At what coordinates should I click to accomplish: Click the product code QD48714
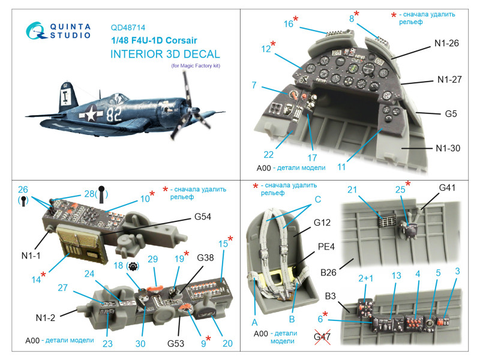(128, 28)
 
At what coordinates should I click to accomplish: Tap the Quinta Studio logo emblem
(36, 31)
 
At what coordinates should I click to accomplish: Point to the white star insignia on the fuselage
(91, 114)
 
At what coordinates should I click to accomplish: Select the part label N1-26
(446, 43)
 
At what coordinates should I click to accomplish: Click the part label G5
(451, 114)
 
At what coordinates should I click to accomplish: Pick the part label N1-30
(448, 148)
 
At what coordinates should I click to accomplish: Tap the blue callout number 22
(268, 155)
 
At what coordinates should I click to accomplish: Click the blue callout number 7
(254, 85)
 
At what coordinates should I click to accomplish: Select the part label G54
(203, 217)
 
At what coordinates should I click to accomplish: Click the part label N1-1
(31, 256)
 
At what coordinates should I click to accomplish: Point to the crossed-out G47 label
(322, 337)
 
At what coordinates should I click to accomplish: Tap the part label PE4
(326, 247)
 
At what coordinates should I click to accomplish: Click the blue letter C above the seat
(318, 200)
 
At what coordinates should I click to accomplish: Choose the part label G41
(447, 188)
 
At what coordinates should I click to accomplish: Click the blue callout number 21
(352, 190)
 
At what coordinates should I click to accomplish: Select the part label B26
(328, 272)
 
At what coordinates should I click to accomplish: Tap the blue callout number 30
(140, 343)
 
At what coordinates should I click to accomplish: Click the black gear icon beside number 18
(133, 266)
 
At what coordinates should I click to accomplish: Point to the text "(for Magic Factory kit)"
(196, 65)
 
